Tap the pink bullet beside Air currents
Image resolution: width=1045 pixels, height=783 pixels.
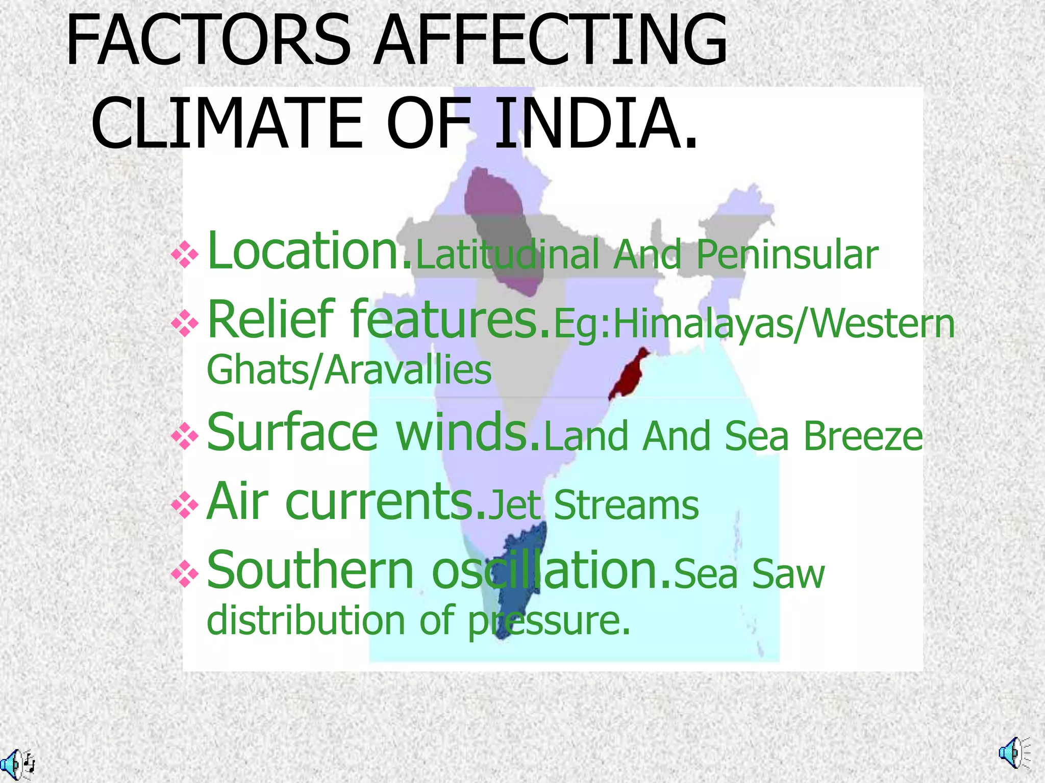point(185,505)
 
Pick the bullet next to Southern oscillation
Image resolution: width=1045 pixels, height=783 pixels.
point(185,574)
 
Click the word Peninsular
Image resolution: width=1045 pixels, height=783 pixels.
point(787,255)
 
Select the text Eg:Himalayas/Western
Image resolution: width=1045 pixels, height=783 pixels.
point(754,324)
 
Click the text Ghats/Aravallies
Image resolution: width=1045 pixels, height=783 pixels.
point(349,371)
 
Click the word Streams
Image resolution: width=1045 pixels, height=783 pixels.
point(626,506)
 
